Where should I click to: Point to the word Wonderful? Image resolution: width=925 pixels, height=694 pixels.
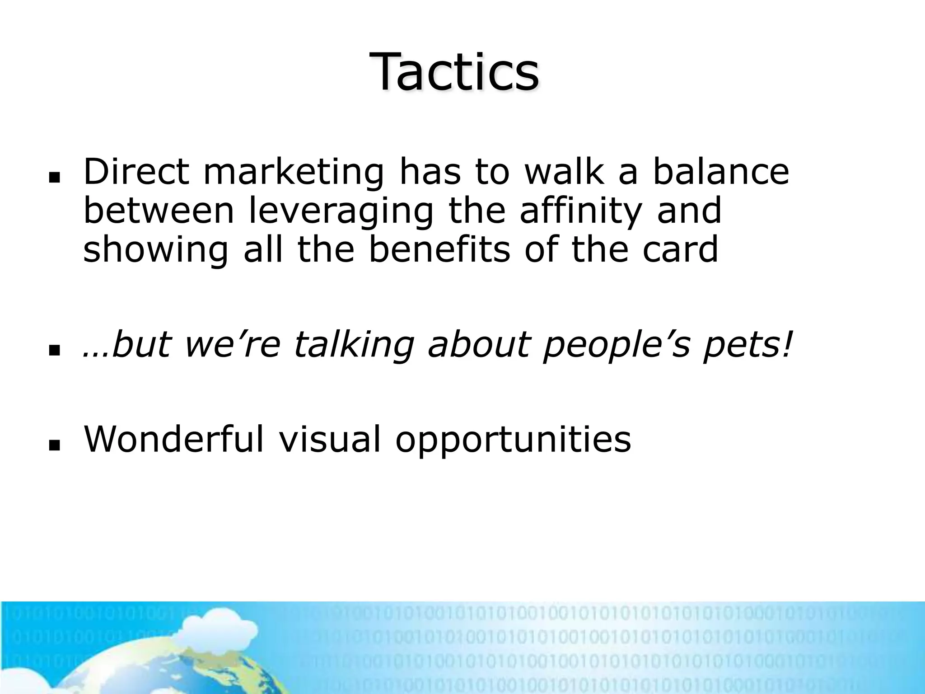pyautogui.click(x=174, y=439)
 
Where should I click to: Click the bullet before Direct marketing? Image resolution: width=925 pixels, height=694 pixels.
pyautogui.click(x=55, y=179)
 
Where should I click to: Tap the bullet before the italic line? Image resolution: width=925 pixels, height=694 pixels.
pyautogui.click(x=55, y=350)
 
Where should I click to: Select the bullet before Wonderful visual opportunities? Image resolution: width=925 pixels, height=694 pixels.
pyautogui.click(x=55, y=446)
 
